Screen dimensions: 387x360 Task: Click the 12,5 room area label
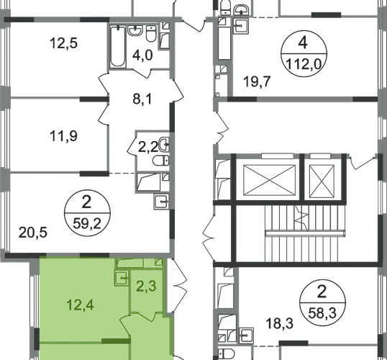click(x=64, y=42)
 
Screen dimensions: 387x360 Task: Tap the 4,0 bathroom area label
click(x=142, y=55)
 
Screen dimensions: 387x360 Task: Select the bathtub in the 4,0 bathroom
click(x=118, y=46)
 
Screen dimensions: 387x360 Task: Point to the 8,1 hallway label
click(x=142, y=99)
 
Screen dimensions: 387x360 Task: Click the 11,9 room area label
click(x=64, y=136)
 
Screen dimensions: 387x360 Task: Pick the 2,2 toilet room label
click(x=148, y=148)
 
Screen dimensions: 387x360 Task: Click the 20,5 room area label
click(x=33, y=233)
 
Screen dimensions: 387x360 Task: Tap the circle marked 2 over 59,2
click(x=87, y=213)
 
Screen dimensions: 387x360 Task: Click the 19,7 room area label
click(x=257, y=81)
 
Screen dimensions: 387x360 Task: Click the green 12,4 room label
click(x=81, y=305)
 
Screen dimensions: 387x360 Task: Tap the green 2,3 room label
click(x=146, y=287)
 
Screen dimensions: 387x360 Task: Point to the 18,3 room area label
click(x=280, y=323)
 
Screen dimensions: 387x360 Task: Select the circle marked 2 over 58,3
click(x=322, y=303)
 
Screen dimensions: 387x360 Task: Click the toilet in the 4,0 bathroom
click(x=151, y=33)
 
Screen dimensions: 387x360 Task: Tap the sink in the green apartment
click(x=122, y=278)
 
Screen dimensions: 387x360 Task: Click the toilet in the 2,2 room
click(x=160, y=161)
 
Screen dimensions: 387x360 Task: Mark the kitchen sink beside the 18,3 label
click(x=246, y=336)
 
